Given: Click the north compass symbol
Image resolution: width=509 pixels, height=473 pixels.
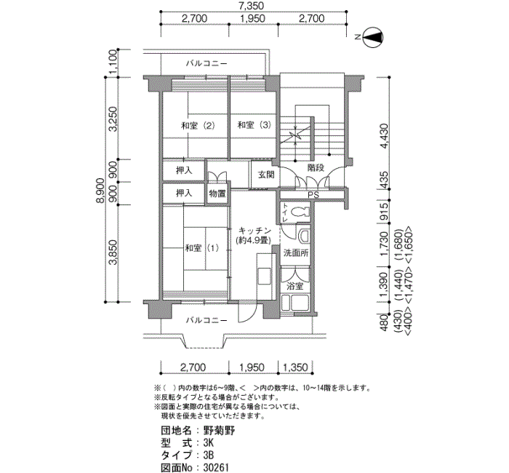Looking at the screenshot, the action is coord(372,37).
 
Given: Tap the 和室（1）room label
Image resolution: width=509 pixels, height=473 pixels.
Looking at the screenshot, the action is coord(201,249).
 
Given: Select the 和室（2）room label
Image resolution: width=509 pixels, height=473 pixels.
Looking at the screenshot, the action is coord(198,126).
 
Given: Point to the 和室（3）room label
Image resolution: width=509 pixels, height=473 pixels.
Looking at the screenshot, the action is coord(254,125).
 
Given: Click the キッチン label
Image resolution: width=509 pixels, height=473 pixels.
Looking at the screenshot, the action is coord(254,231).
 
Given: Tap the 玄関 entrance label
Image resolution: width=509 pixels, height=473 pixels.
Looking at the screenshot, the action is coord(266,175).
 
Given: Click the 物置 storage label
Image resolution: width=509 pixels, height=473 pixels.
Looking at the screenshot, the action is coord(217,194).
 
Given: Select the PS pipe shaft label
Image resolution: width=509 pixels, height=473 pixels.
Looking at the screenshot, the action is coord(313,195).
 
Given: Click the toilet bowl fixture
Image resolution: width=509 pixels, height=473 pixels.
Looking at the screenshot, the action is coord(300,212).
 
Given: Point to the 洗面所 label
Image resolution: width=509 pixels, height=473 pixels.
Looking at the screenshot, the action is coord(296,253).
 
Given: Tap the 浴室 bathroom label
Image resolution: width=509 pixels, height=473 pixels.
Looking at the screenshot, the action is coord(294,287).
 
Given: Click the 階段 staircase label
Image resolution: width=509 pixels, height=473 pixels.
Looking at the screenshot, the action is coord(316,168).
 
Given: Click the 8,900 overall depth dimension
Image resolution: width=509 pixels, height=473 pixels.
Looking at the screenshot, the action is coord(100,191).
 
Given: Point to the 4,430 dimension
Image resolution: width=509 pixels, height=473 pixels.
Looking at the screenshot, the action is coord(384,136).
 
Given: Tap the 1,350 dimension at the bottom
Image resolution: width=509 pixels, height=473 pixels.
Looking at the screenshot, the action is coord(295,367).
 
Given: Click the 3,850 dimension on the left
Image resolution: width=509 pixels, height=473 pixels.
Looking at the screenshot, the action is coord(113,253).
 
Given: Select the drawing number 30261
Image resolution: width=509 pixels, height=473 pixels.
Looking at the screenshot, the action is coord(216,467).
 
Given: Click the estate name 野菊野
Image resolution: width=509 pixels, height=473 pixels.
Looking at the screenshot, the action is coord(219,431).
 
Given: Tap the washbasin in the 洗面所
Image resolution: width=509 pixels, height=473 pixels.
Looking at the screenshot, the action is coord(304,236).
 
